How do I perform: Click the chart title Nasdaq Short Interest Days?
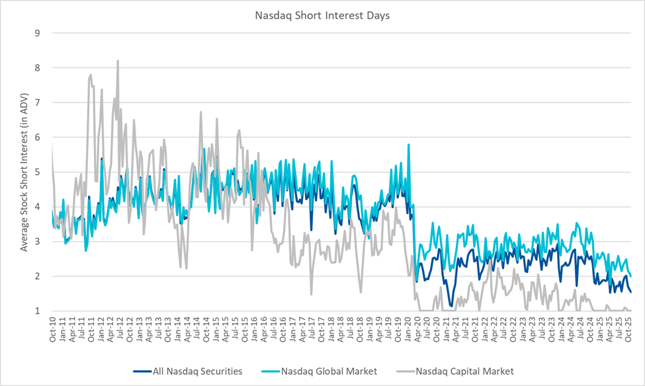pyautogui.click(x=322, y=15)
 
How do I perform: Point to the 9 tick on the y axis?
pyautogui.click(x=38, y=33)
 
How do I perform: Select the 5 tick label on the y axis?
pyautogui.click(x=38, y=172)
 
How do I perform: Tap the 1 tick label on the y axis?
pyautogui.click(x=38, y=311)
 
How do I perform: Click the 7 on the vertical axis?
pyautogui.click(x=38, y=102)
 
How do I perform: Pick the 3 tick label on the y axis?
pyautogui.click(x=38, y=241)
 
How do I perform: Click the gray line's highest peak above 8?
pyautogui.click(x=118, y=61)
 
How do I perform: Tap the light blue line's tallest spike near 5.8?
pyautogui.click(x=409, y=144)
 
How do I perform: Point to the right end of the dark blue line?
pyautogui.click(x=631, y=292)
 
